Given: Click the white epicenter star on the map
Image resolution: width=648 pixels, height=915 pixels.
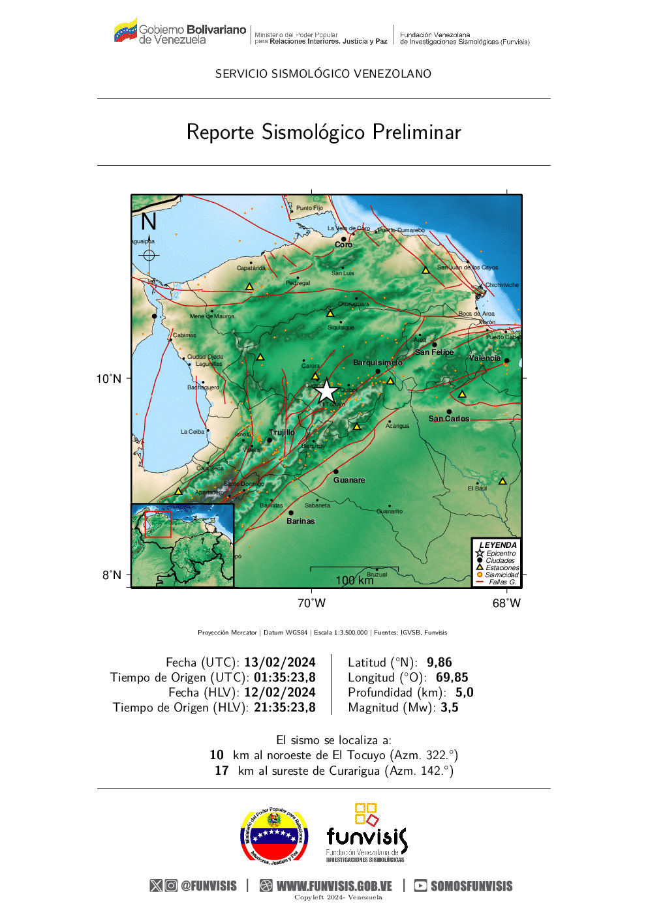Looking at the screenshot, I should pyautogui.click(x=327, y=391).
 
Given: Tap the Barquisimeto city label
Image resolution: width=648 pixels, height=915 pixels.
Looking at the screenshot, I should pyautogui.click(x=377, y=363).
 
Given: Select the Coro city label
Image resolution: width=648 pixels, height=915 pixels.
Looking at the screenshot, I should pyautogui.click(x=343, y=245).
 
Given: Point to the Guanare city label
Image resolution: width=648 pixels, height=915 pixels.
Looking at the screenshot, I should pyautogui.click(x=349, y=480).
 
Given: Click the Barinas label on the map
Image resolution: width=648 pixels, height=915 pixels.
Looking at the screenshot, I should pyautogui.click(x=300, y=521).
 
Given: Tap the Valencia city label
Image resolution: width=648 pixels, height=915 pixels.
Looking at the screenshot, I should pyautogui.click(x=485, y=358).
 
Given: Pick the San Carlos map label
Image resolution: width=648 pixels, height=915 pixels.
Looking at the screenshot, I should pyautogui.click(x=448, y=419).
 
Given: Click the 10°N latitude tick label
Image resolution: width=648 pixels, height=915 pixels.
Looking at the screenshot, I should pyautogui.click(x=109, y=379).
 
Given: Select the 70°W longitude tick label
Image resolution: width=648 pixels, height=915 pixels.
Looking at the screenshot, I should pyautogui.click(x=311, y=603).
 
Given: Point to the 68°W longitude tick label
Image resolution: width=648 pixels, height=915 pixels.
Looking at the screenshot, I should pyautogui.click(x=506, y=603).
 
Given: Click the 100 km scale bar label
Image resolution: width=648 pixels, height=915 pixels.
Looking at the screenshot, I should pyautogui.click(x=354, y=580).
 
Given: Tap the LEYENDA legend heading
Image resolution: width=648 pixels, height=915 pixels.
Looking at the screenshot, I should pyautogui.click(x=498, y=545).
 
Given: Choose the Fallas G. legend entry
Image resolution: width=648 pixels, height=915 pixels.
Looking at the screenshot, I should pyautogui.click(x=502, y=582).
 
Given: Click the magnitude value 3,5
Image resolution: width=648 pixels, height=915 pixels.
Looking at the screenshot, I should pyautogui.click(x=450, y=708).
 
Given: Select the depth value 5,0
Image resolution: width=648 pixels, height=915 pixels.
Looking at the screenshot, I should pyautogui.click(x=464, y=693).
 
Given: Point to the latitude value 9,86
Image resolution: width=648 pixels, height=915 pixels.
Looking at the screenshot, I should pyautogui.click(x=439, y=663).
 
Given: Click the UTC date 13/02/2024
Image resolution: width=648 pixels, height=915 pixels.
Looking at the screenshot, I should pyautogui.click(x=279, y=663).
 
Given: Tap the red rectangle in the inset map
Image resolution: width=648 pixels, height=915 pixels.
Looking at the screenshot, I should pyautogui.click(x=158, y=524).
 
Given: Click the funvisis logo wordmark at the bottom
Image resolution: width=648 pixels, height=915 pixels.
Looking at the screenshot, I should pyautogui.click(x=366, y=836).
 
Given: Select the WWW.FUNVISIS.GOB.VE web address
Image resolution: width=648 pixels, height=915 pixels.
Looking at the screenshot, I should pyautogui.click(x=334, y=886).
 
